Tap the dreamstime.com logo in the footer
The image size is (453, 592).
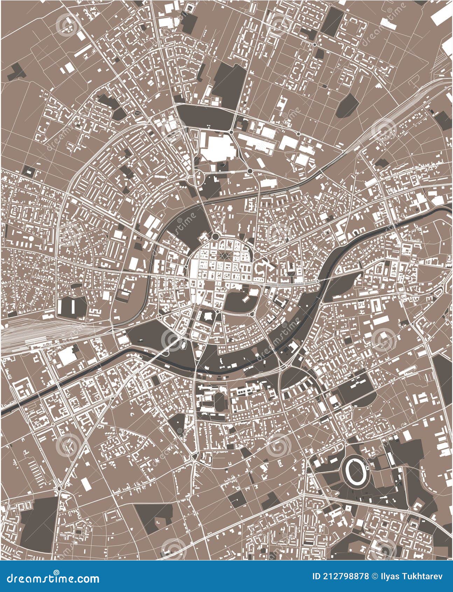(x=50, y=578)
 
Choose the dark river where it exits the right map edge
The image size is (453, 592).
(x=449, y=208)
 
